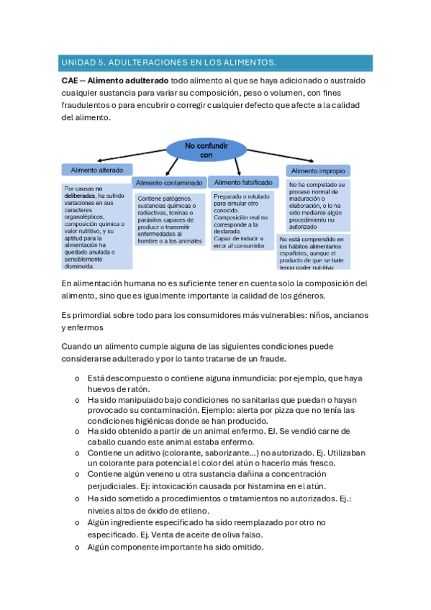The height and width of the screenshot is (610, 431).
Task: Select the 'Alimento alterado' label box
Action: coord(96,170)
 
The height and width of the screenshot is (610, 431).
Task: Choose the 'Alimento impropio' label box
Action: coord(317,171)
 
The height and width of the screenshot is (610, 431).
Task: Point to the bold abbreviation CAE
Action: coord(71,81)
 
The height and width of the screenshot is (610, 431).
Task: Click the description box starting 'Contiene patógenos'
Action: coord(171,219)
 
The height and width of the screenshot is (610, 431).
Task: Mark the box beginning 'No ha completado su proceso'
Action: coord(317,204)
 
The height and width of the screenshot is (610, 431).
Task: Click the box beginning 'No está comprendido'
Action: coord(317,251)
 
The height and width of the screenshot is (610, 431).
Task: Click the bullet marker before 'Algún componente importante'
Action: coord(77,547)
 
